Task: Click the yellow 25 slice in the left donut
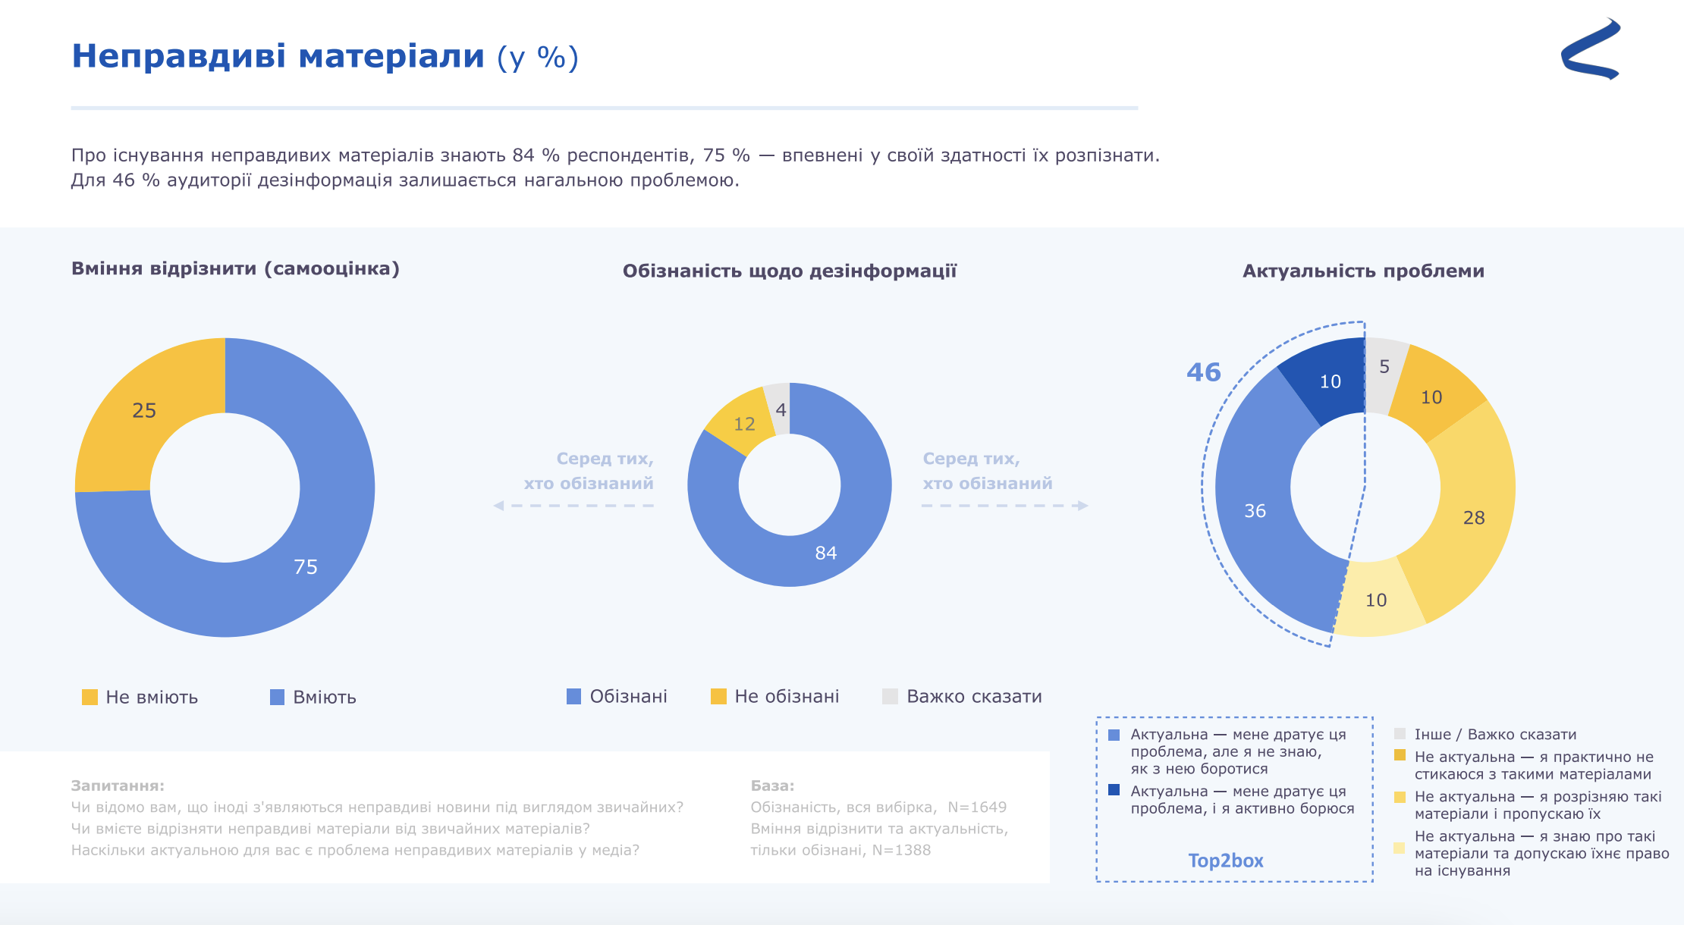(x=144, y=411)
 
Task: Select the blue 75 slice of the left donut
(x=306, y=566)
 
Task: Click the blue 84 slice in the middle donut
(x=825, y=553)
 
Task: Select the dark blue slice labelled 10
(x=1330, y=381)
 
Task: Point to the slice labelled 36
(x=1255, y=510)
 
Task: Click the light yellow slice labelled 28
(x=1473, y=517)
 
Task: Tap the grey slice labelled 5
(x=1384, y=367)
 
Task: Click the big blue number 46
(x=1204, y=372)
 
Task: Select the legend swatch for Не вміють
(x=90, y=697)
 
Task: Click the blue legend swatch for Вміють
(x=277, y=697)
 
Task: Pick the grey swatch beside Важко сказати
(x=890, y=696)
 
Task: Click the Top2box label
(x=1225, y=861)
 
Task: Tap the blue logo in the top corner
(x=1591, y=50)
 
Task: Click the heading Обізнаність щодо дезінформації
(x=789, y=271)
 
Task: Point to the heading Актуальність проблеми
(x=1363, y=271)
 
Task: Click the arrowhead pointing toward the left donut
(x=498, y=506)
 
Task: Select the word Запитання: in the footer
(x=118, y=785)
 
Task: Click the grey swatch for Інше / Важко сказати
(x=1400, y=733)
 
